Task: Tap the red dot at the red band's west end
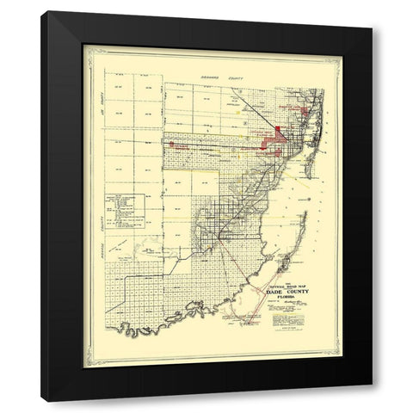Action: tap(172, 145)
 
